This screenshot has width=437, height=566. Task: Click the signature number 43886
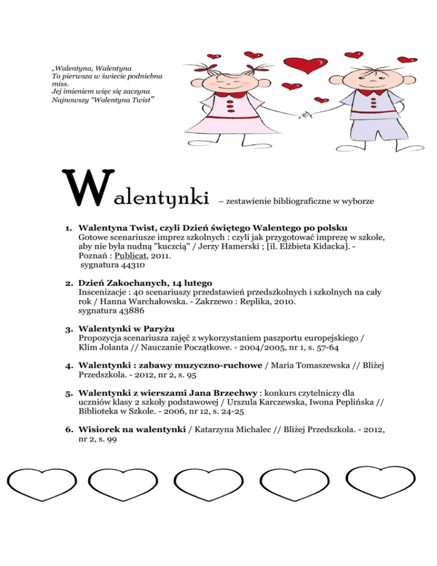coord(129,312)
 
